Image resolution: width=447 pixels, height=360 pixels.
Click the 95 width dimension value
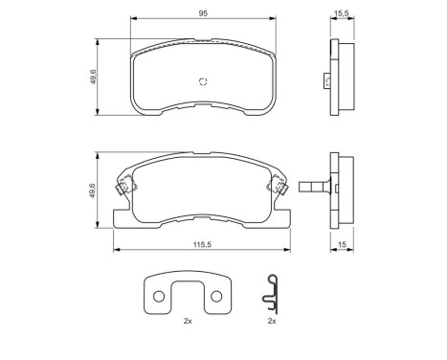point(202,13)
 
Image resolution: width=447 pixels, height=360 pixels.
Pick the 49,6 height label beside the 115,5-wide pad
point(93,191)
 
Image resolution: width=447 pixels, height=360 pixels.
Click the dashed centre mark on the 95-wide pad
point(201,81)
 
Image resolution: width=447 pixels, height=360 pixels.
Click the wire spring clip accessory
point(273,293)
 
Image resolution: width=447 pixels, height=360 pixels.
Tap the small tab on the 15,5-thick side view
point(326,80)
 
